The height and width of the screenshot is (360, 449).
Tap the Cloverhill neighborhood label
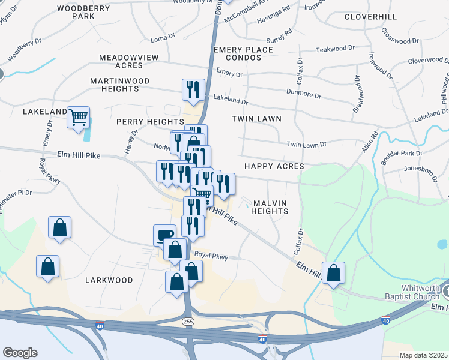370,16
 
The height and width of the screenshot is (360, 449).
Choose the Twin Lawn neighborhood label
256,119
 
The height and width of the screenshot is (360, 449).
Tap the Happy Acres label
274,166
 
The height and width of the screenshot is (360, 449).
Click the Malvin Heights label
270,207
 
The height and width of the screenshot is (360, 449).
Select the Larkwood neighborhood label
109,280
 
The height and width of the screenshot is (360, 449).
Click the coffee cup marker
164,235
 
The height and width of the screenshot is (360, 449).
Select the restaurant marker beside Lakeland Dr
193,89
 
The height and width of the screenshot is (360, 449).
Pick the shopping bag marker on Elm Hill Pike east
334,272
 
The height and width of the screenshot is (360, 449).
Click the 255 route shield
187,322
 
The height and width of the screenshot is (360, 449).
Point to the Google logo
20,353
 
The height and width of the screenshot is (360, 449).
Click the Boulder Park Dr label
402,154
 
